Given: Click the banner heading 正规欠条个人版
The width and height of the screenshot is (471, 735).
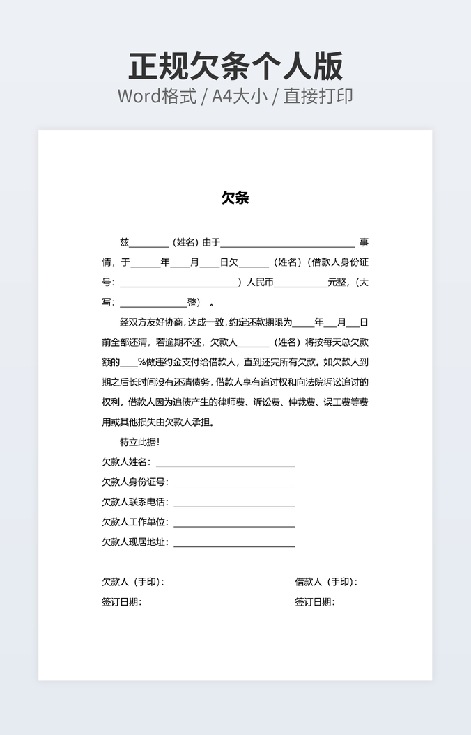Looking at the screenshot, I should [235, 67].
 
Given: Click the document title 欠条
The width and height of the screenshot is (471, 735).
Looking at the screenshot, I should [235, 198].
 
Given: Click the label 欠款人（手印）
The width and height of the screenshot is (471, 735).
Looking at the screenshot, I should [133, 582].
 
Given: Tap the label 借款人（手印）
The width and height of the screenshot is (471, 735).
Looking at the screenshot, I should [325, 582].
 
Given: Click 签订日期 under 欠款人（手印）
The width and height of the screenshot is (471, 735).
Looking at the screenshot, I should [121, 602].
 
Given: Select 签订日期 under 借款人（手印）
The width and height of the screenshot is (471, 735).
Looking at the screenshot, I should [314, 602].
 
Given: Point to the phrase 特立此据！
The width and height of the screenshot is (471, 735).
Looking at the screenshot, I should [140, 442].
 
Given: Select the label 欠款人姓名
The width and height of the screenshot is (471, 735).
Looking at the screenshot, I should [125, 462].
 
